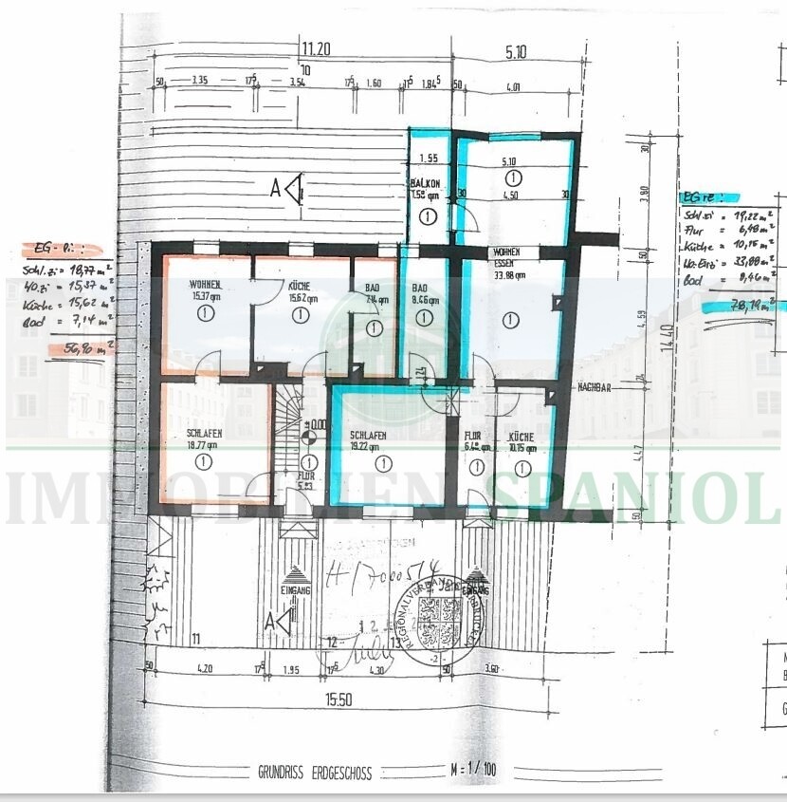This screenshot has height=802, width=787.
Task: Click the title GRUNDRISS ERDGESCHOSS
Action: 315,772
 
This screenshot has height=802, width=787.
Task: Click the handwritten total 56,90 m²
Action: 85,348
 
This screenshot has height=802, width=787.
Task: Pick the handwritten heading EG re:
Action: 701,198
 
